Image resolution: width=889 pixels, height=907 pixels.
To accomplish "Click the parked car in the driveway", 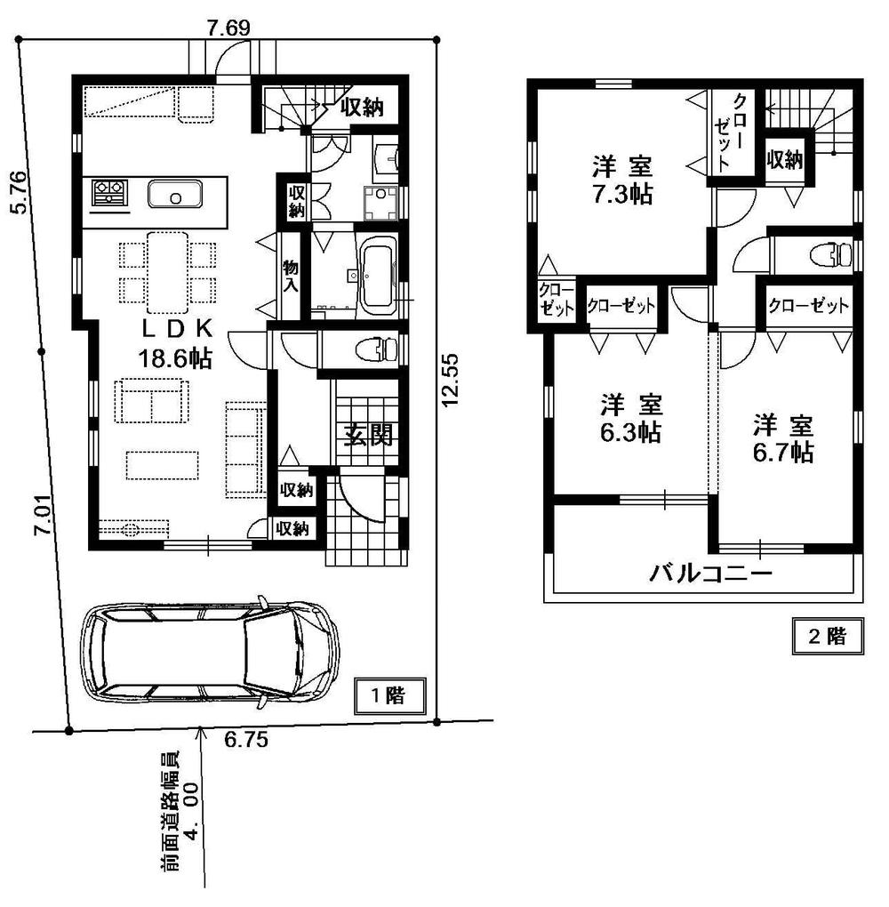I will click(x=209, y=656).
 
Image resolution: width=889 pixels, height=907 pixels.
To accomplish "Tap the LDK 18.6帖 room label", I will click(x=174, y=344).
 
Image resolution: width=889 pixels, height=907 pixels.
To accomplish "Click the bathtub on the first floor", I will click(x=376, y=276).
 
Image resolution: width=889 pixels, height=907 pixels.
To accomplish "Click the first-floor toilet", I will click(x=375, y=347).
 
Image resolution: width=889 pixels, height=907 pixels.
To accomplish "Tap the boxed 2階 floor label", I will click(x=829, y=636).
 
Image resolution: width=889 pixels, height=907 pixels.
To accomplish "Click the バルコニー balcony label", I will click(x=709, y=574).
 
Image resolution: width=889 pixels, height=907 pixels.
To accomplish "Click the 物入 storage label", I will click(x=290, y=276).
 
